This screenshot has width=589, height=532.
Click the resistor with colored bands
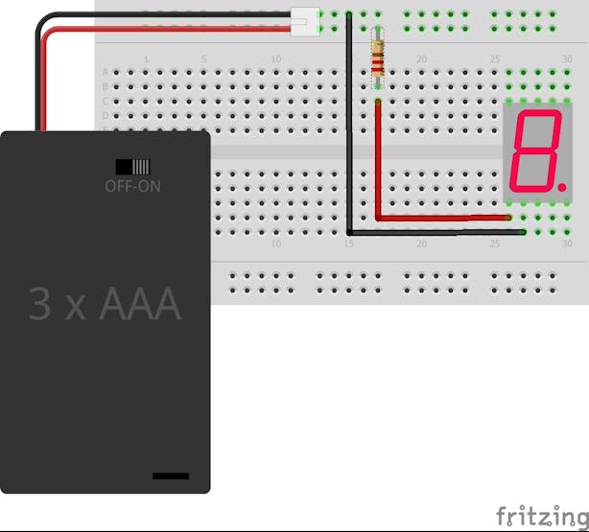click(378, 58)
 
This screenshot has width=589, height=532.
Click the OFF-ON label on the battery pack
click(132, 186)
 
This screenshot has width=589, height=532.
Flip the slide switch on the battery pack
click(132, 166)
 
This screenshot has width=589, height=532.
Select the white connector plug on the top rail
click(304, 18)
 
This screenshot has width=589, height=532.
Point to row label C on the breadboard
click(106, 101)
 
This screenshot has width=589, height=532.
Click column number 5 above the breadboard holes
click(203, 59)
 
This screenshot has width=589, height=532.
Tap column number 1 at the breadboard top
click(146, 59)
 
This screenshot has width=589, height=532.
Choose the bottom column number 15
click(349, 244)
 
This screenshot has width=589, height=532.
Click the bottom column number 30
click(567, 244)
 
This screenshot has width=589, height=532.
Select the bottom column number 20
click(421, 244)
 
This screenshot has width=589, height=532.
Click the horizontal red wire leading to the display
click(441, 218)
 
